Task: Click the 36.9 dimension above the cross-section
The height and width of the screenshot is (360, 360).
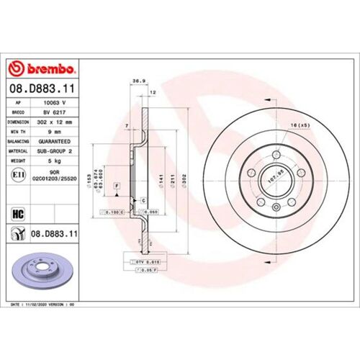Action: [133, 81]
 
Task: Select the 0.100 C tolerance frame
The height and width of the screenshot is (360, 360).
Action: [114, 213]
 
